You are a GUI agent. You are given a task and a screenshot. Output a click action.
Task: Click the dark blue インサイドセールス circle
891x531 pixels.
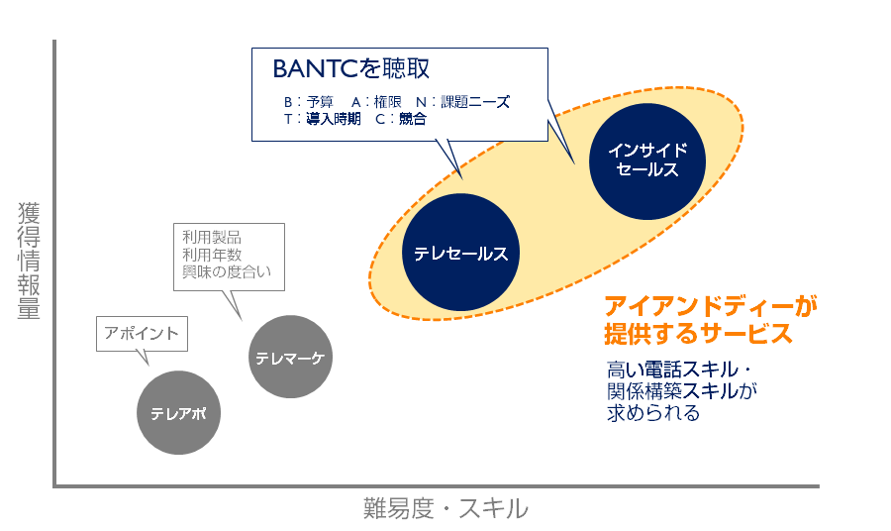coord(647,159)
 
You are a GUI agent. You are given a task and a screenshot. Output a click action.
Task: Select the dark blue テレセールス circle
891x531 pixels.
coord(461,254)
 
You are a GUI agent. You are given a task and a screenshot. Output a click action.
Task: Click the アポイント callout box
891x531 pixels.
coord(142,334)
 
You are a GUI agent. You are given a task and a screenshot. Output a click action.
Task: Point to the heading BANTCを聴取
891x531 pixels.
coord(351,69)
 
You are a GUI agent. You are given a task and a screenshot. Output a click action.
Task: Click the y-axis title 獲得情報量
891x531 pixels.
coord(29,262)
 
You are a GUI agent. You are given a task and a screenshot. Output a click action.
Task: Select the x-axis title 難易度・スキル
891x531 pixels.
coord(445,509)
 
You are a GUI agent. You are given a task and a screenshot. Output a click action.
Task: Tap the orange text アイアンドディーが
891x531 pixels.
coord(712,306)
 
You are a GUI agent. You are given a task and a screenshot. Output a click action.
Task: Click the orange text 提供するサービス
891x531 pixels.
coord(699,333)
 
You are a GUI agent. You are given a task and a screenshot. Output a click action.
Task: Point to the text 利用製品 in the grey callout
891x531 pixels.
coord(212,238)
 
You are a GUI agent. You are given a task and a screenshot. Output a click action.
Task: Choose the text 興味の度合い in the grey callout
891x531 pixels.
coord(227,271)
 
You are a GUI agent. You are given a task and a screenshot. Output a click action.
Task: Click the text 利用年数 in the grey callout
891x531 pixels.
coord(212,255)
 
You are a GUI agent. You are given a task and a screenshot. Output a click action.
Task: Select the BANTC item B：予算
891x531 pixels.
coord(309,102)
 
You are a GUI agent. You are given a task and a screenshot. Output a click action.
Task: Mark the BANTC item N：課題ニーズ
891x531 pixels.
coord(462,102)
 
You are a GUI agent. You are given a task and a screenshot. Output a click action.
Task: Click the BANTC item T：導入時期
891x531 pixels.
coord(322,119)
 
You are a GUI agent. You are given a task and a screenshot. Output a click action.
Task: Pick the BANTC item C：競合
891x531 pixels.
coord(400,119)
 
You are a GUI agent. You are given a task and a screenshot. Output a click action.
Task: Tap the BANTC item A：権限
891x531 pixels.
coord(374,102)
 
